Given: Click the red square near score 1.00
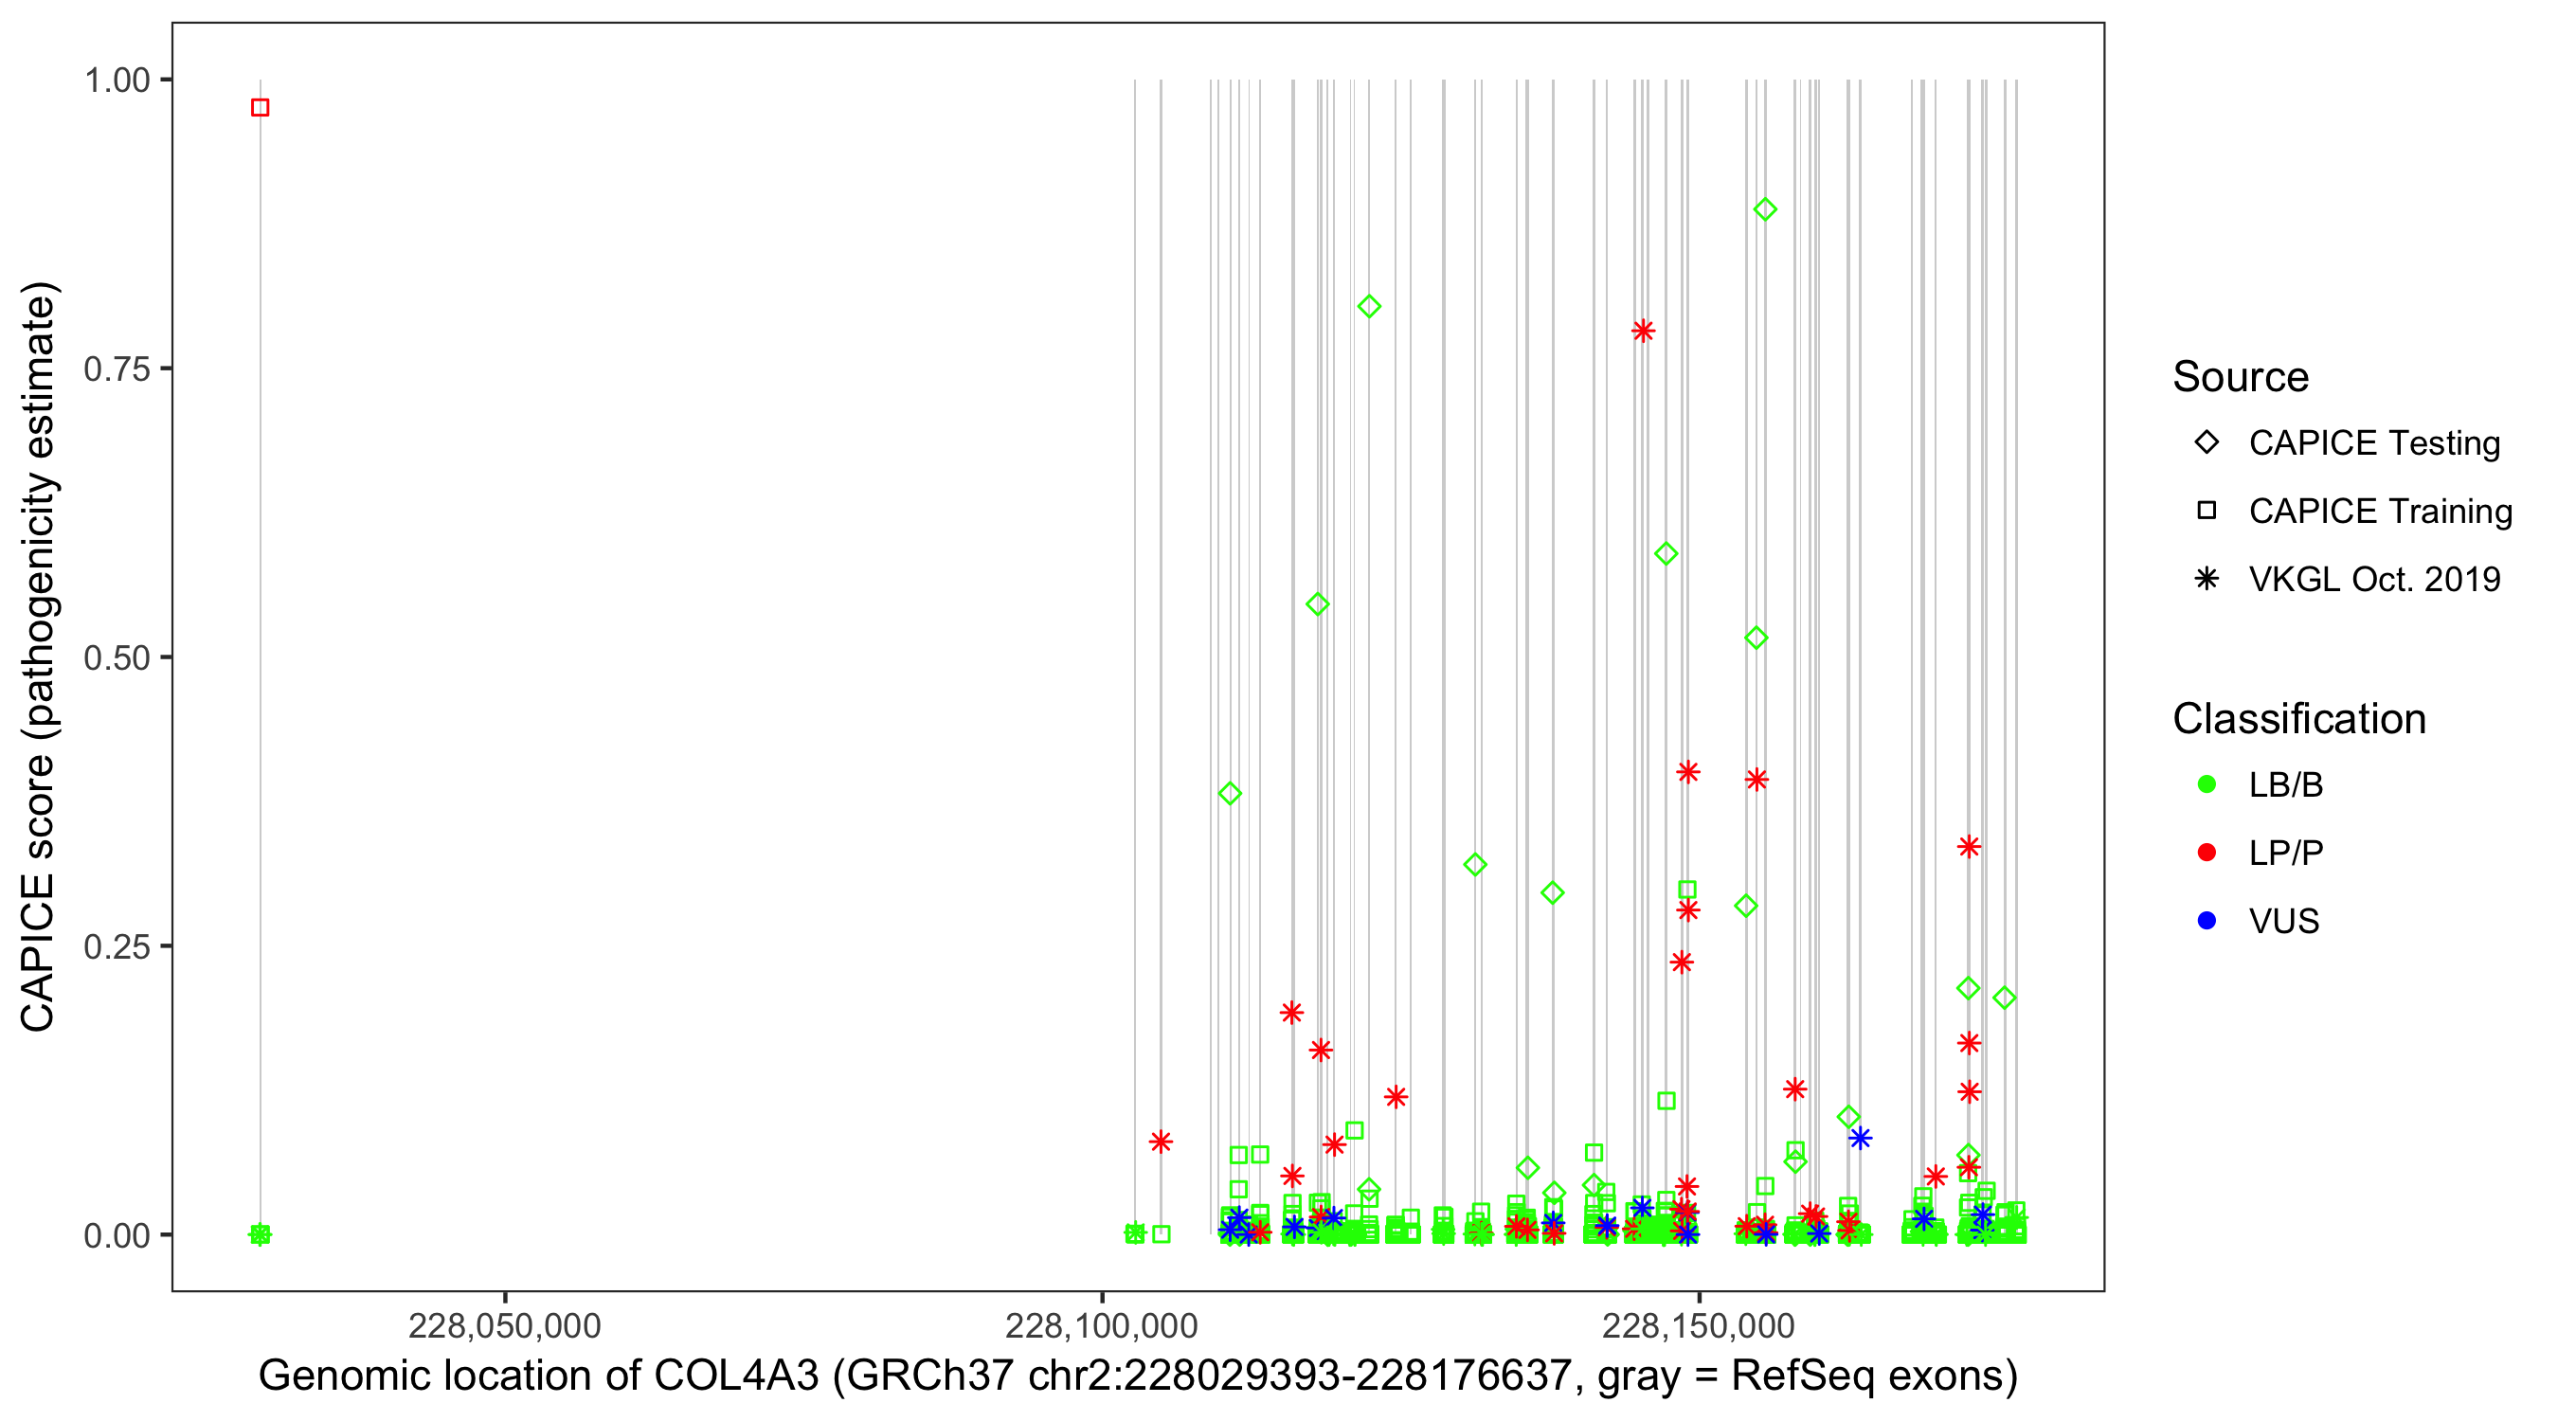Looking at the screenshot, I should (261, 107).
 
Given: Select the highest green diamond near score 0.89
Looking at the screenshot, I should (1765, 209).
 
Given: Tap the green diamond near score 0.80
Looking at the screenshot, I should (1369, 307).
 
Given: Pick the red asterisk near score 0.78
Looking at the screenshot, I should (1644, 331).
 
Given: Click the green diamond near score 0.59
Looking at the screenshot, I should (1666, 554).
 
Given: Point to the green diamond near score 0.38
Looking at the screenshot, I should (1231, 794).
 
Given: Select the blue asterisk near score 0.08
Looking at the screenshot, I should (1860, 1138).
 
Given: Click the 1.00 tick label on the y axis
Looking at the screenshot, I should (117, 81).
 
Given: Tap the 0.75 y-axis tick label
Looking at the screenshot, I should (117, 369).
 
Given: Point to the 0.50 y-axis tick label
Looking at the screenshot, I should (117, 657).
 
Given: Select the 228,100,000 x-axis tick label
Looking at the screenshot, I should (1101, 1325).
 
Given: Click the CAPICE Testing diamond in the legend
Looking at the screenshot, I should (2207, 443).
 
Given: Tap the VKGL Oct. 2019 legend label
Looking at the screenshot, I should (2374, 579).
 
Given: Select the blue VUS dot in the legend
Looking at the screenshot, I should (2207, 921).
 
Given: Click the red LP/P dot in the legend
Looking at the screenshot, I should (2207, 852).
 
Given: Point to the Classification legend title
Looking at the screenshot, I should (2298, 719).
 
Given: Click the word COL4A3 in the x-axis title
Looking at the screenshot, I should (736, 1376).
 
